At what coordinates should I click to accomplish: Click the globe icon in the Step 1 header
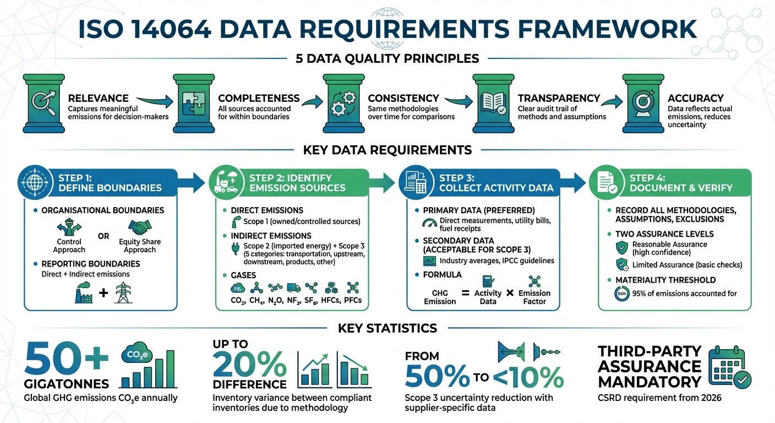point(38,182)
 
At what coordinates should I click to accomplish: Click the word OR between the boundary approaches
point(103,236)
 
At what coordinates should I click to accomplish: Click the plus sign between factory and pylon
point(103,292)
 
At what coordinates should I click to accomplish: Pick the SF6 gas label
point(312,301)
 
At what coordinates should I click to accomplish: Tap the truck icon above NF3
point(293,288)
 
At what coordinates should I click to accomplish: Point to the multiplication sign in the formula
point(510,293)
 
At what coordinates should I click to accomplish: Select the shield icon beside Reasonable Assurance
point(623,247)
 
